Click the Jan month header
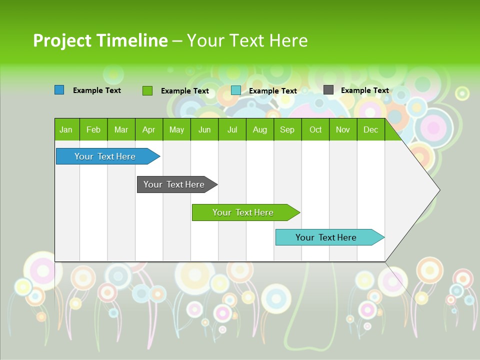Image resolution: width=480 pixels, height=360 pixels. pos(66,129)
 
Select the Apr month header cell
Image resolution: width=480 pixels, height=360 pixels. pos(148,129)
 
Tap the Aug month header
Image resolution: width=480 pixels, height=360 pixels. pos(259,129)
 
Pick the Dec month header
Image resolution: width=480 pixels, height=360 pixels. pos(370,129)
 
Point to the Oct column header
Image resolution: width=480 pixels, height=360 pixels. pos(315,129)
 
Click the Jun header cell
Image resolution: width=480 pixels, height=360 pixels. pos(204,129)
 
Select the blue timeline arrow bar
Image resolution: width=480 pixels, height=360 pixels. pos(105,156)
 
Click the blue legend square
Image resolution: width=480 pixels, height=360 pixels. pos(59,90)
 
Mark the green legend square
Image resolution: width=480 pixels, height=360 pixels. pos(147,90)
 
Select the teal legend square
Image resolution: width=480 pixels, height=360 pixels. pos(235,90)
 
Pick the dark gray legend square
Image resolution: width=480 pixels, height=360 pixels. pos(328,90)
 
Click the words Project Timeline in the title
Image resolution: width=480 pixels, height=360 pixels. pos(100,40)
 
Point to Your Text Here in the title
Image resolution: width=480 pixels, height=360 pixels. pos(247,40)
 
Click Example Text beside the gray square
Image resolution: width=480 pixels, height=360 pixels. pos(364,90)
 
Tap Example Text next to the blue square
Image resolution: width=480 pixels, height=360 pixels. pos(96,90)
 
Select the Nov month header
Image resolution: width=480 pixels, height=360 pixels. pos(342,129)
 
